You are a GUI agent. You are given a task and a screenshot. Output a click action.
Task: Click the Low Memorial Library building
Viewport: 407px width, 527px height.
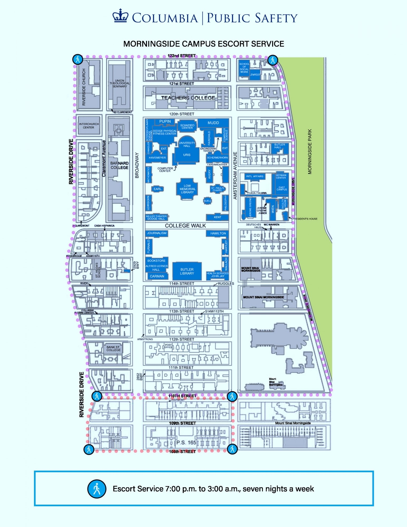187,189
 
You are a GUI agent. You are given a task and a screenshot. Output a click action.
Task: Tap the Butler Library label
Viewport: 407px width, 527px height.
187,271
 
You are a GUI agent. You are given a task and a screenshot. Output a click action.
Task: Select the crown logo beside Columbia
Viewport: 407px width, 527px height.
120,16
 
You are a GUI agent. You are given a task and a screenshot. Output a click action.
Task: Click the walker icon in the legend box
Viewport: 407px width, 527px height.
97,489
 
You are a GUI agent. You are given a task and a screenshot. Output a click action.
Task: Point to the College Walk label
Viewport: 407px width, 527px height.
185,226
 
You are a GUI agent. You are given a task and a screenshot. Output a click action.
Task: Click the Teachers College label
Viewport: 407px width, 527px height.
188,98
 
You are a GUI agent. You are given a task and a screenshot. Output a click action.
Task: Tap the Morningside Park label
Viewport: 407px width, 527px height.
310,152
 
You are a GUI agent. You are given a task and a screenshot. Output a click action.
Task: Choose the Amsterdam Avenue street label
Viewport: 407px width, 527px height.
235,175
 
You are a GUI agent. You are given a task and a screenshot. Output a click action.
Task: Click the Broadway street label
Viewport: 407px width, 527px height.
137,165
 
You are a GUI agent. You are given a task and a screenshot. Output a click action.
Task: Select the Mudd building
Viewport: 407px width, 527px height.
213,123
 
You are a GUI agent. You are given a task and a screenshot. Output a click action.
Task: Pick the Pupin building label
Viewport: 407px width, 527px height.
165,121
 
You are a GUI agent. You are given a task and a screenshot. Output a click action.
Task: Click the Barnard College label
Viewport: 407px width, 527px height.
119,165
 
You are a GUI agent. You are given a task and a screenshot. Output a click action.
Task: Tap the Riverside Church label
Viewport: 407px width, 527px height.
84,87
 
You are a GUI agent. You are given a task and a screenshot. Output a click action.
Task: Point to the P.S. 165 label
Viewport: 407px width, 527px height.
186,442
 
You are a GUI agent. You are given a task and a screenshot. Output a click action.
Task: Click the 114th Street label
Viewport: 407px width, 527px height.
182,284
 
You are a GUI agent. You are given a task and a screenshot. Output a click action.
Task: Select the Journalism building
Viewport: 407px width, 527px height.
157,233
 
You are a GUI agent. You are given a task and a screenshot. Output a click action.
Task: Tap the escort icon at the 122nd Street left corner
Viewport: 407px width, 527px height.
78,60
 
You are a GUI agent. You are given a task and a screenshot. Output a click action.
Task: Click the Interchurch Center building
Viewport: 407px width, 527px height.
89,126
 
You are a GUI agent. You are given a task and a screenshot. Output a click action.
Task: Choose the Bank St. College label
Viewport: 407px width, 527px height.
114,348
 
